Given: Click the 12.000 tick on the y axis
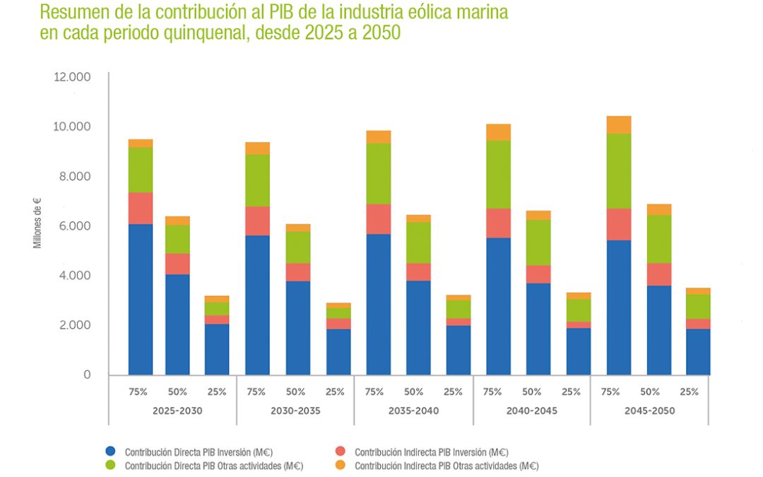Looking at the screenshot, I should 72,76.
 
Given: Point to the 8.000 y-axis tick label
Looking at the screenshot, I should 73,176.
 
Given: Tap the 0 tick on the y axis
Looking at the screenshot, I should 87,375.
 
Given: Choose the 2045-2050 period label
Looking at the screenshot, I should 649,411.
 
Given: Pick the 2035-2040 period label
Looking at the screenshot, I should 414,411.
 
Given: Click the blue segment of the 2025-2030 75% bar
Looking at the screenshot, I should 141,299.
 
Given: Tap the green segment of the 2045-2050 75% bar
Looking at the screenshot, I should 619,171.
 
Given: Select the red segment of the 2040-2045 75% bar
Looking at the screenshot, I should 499,223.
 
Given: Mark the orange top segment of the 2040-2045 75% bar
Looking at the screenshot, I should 499,132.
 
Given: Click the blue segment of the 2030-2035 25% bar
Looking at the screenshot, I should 338,351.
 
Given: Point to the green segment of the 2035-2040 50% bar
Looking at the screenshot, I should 418,242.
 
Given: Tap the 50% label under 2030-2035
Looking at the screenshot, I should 296,391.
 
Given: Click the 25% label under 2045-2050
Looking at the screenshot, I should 689,391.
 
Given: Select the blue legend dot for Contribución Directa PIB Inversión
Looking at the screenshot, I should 110,451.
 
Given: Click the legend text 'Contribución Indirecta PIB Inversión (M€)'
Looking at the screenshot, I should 431,452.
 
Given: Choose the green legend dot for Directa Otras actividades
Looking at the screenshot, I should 110,466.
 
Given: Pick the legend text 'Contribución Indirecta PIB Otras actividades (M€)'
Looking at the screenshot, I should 446,466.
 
